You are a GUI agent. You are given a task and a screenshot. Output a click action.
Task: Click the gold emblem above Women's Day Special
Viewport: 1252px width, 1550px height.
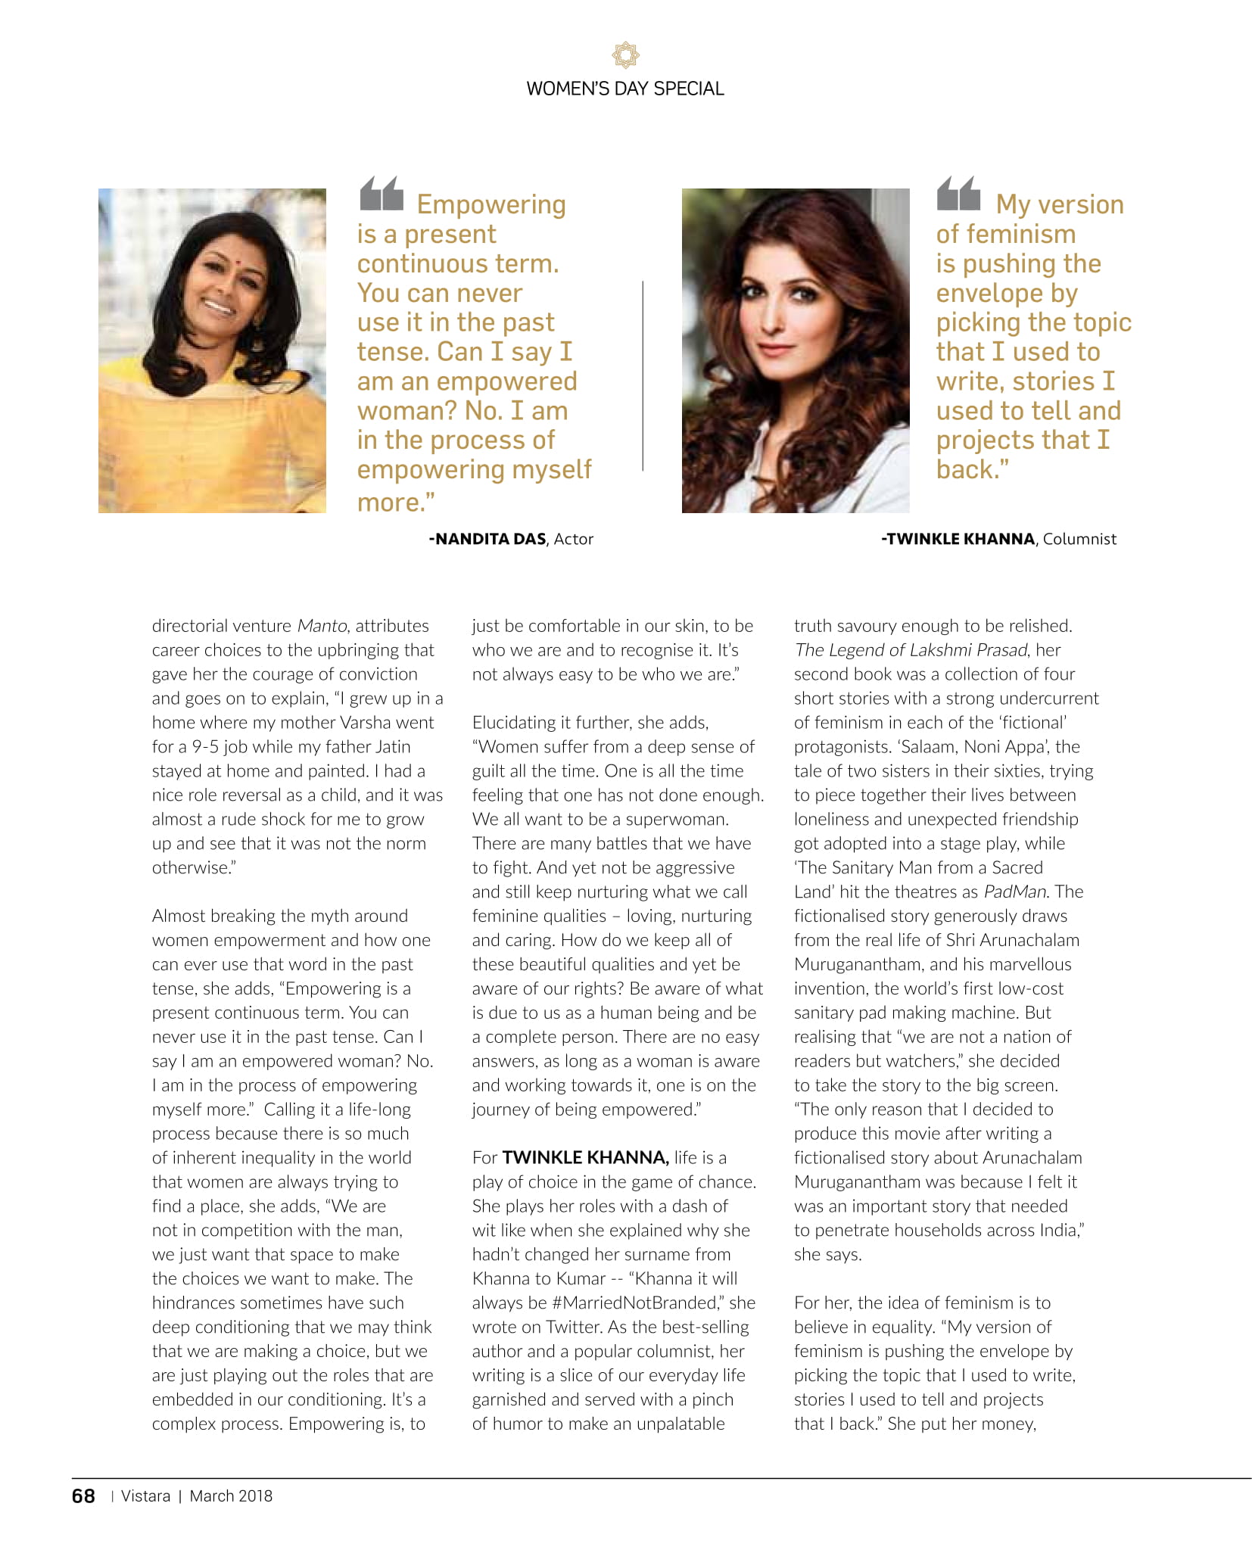coord(625,55)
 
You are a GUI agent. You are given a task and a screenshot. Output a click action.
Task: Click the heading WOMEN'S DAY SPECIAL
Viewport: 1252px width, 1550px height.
coord(625,89)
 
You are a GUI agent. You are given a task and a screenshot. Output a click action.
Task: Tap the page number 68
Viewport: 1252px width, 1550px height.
coord(83,1496)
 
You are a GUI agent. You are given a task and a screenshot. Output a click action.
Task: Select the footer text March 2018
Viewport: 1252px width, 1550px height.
coord(231,1496)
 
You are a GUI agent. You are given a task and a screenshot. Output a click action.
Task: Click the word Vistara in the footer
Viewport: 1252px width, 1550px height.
coord(145,1496)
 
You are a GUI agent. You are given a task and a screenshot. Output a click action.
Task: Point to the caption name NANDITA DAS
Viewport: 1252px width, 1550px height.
coord(487,539)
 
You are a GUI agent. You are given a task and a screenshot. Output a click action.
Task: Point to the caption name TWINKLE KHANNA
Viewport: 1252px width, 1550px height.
coord(958,539)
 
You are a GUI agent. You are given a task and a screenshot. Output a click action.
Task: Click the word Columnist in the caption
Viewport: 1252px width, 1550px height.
coord(1079,539)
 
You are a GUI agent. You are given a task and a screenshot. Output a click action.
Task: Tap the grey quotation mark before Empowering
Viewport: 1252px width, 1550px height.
coord(382,194)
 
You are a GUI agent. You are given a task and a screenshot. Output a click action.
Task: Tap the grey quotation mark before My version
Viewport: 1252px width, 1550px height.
coord(958,194)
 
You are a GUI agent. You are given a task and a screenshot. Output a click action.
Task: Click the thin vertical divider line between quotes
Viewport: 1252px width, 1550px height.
coord(643,376)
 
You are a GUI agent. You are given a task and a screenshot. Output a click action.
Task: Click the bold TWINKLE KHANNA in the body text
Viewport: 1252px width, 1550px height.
coord(585,1157)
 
